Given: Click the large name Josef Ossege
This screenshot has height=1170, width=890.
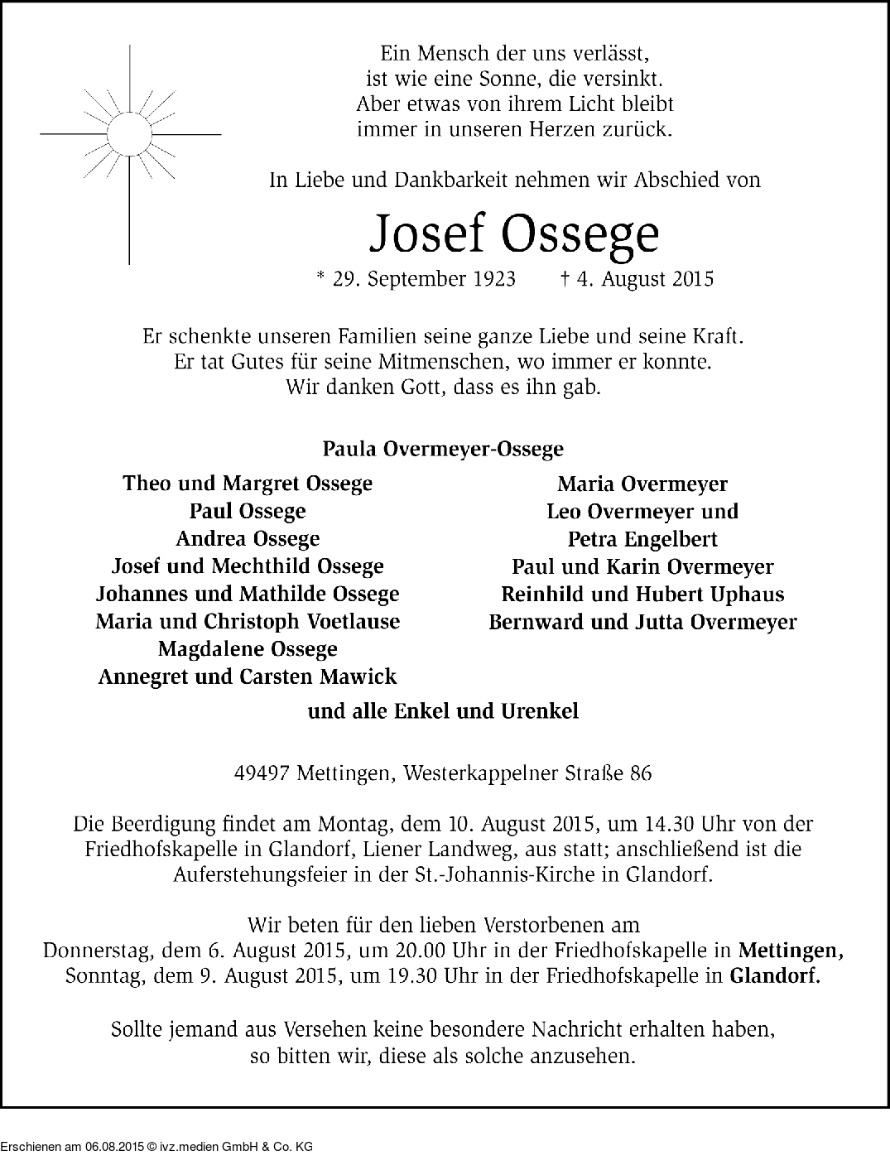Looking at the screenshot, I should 514,234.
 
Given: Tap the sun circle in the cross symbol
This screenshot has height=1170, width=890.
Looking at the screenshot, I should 129,132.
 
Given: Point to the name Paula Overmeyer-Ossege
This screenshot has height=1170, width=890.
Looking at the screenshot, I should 443,449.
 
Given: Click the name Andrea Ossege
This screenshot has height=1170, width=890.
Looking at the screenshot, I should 248,539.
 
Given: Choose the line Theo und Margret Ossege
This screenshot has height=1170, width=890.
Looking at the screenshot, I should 248,484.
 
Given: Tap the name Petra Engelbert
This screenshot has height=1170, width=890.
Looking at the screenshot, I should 642,540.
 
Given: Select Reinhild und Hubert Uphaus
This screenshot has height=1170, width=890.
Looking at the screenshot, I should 642,595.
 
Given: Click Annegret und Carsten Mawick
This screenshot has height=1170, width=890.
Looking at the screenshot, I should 248,676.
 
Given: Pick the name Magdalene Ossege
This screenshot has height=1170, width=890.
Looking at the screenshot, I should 248,649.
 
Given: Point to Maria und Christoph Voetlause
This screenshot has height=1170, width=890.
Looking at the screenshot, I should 248,621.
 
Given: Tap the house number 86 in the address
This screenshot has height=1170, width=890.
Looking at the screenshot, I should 640,774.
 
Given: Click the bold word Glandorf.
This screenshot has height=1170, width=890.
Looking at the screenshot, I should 775,975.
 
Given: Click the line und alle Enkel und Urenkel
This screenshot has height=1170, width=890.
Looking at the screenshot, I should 443,711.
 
